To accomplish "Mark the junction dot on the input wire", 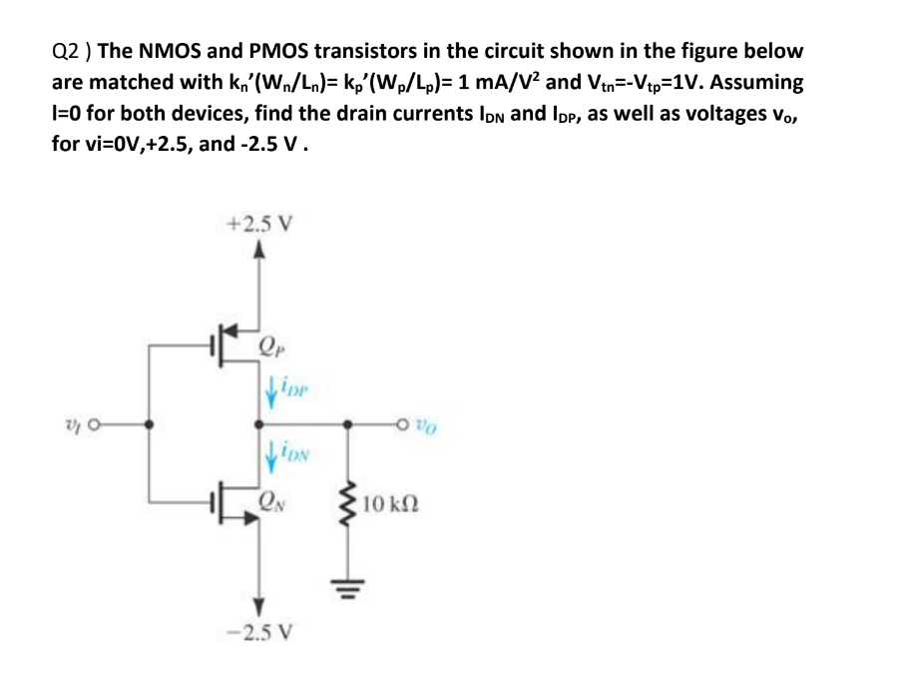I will click(x=151, y=423).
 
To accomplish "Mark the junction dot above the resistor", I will click(x=348, y=423).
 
